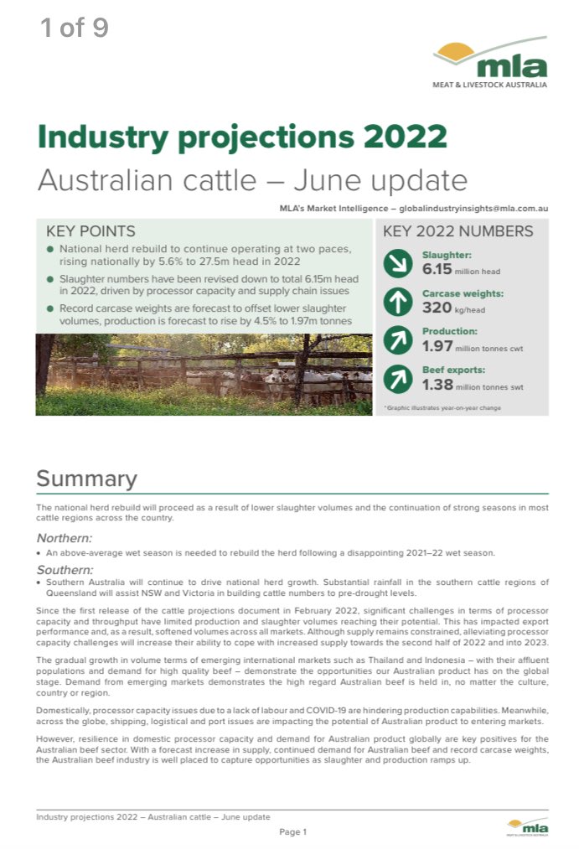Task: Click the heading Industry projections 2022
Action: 242,136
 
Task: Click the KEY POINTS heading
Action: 90,231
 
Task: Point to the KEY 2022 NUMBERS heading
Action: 458,231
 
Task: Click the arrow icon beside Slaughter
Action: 397,263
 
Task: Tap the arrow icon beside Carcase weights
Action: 397,302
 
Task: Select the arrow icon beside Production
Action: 397,340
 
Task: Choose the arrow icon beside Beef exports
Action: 397,379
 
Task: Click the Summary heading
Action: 86,479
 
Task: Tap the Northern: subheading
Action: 65,538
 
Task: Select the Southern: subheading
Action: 65,569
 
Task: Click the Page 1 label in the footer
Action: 293,831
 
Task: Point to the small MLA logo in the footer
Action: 527,826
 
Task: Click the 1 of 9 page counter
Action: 75,28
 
